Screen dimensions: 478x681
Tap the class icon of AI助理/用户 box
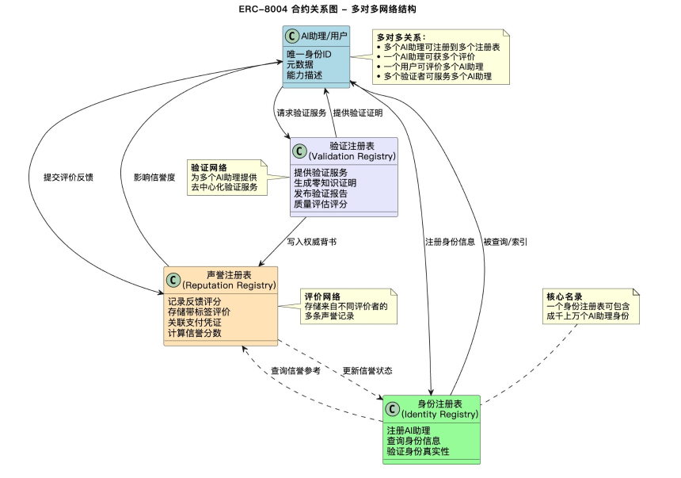293,36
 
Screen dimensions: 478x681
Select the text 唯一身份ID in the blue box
309,54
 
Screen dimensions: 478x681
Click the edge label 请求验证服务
301,113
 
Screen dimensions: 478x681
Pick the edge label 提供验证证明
357,113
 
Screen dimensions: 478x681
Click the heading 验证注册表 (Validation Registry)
352,151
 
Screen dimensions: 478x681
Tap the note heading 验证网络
208,168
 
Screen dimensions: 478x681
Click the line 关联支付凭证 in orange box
194,323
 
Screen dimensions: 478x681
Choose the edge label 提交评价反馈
68,178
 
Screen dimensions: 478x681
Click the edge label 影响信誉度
154,178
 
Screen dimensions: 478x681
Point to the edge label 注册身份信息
450,241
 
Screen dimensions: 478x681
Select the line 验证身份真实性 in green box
417,451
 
